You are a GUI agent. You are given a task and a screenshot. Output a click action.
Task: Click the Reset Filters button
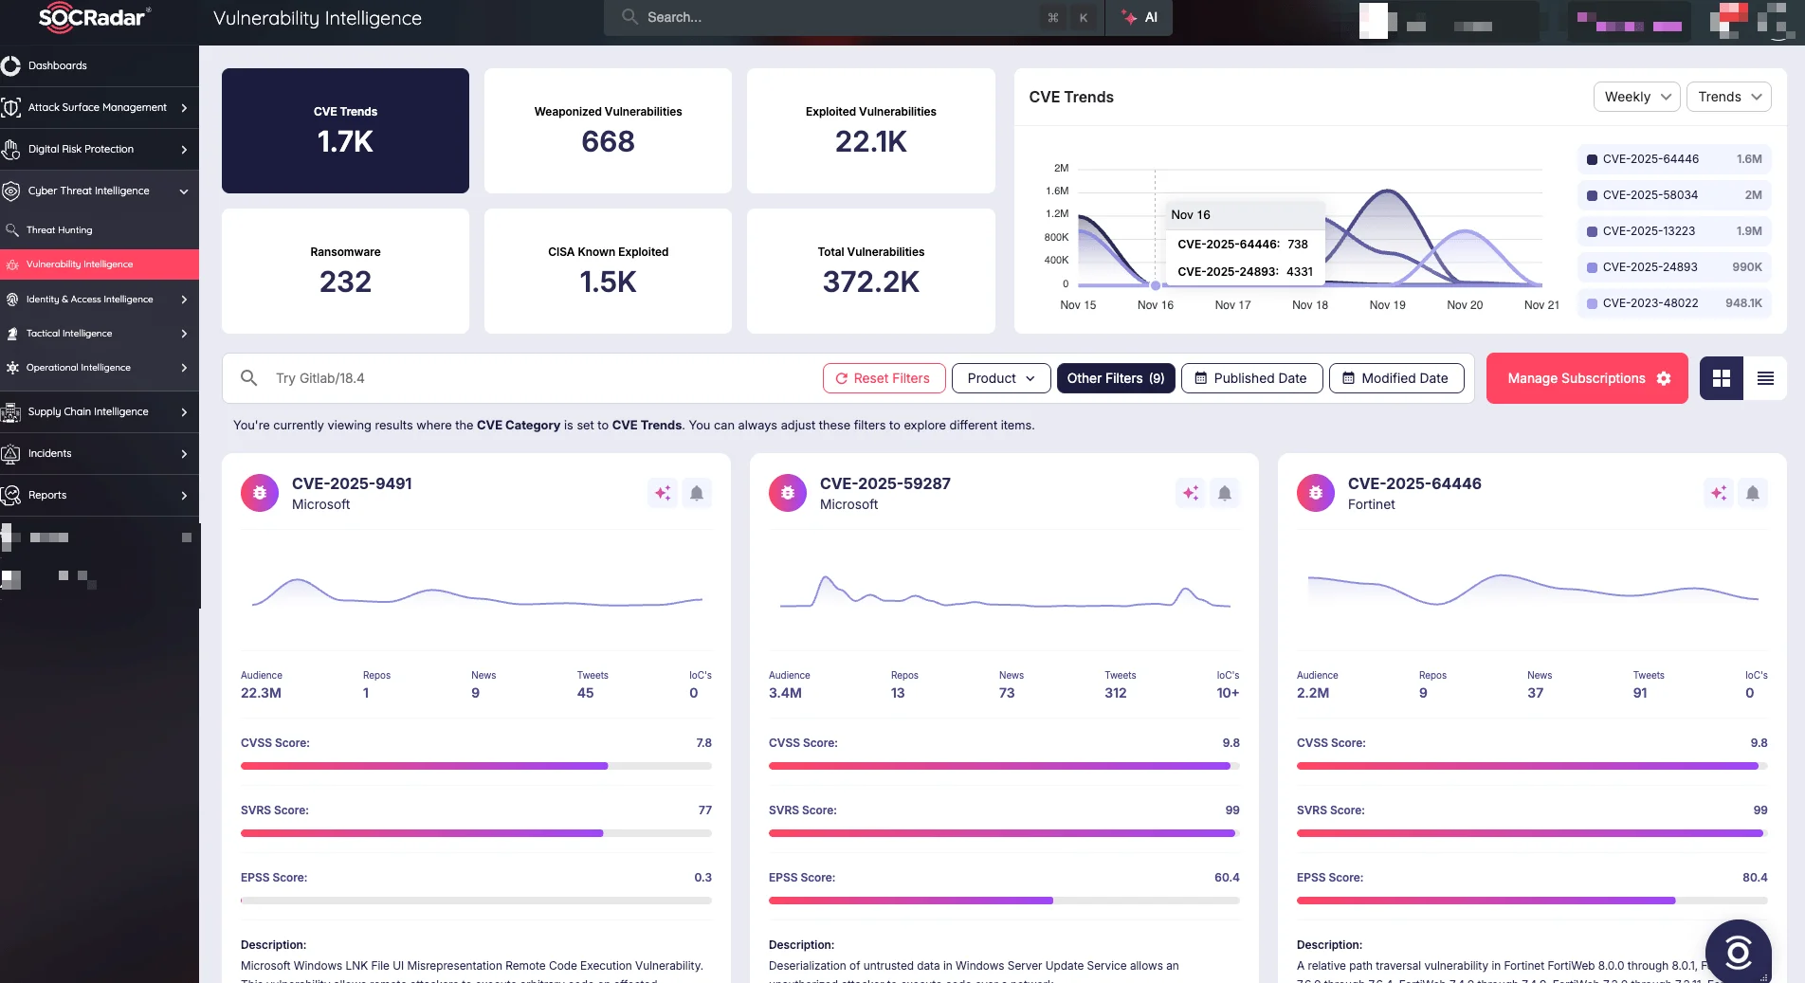tap(884, 378)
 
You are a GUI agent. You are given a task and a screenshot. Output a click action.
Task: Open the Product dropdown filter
tap(1001, 378)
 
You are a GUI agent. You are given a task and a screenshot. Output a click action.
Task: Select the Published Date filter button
tap(1251, 378)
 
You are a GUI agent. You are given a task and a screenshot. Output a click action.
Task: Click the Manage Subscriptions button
tap(1587, 378)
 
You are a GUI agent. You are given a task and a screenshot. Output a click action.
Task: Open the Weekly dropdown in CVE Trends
tap(1637, 97)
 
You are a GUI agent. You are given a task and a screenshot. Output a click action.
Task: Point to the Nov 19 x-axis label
tap(1387, 305)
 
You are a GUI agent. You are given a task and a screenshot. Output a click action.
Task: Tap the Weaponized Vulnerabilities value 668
tap(608, 141)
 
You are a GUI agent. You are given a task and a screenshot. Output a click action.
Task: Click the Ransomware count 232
tap(345, 282)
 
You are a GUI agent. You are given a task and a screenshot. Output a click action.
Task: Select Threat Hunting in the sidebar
tap(60, 230)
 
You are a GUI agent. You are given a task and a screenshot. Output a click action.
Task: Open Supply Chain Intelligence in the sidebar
tap(88, 411)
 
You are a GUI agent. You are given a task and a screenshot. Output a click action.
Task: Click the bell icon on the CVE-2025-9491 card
tap(697, 493)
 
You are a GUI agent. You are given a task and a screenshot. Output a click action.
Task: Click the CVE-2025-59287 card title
tap(884, 483)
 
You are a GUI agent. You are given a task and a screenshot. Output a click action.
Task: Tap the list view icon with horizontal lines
tap(1765, 378)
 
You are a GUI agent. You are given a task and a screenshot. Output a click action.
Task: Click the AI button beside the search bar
tap(1140, 17)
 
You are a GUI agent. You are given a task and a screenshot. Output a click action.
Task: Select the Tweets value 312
tap(1115, 693)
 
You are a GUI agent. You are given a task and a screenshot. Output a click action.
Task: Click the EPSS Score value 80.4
tap(1754, 878)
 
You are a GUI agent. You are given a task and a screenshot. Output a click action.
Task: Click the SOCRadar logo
tap(93, 17)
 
